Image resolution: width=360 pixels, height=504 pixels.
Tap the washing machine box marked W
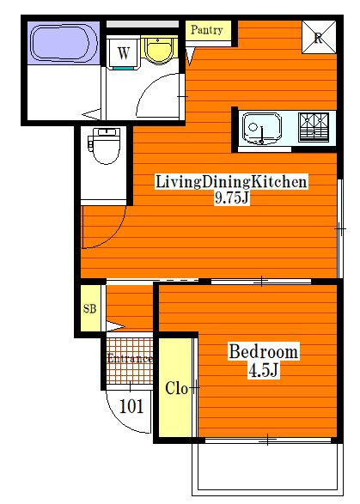(x=124, y=52)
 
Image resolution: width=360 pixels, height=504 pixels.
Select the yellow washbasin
(x=157, y=50)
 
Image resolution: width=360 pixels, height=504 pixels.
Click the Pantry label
(x=207, y=30)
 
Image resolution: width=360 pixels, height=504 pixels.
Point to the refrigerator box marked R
(x=317, y=37)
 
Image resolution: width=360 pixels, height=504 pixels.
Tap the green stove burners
(x=313, y=127)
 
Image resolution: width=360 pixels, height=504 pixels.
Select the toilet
(x=106, y=147)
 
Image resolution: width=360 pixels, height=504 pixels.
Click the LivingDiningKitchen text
(x=231, y=182)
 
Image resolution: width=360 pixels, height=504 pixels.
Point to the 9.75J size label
(x=231, y=198)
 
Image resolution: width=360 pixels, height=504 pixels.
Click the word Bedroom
(x=263, y=352)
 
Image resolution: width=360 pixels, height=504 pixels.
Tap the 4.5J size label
(x=263, y=370)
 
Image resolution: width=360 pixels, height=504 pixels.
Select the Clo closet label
(x=177, y=387)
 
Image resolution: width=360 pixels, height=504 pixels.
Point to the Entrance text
(x=130, y=358)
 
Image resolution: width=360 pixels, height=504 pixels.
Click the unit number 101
(x=131, y=406)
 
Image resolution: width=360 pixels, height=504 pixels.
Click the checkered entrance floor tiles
(x=129, y=373)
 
